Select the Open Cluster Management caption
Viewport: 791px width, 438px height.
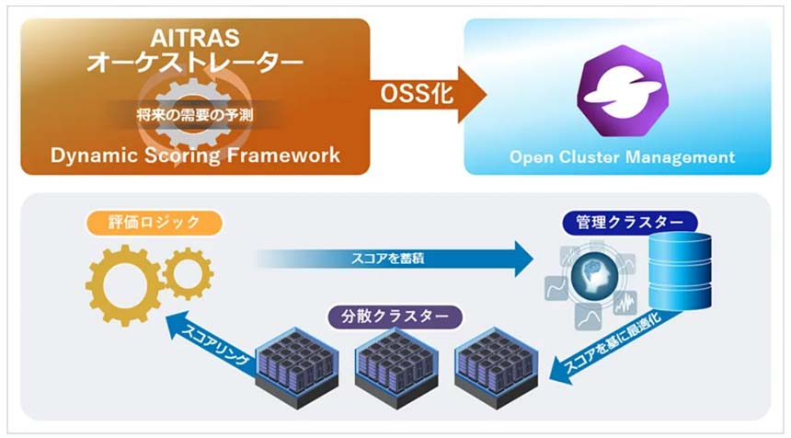(623, 157)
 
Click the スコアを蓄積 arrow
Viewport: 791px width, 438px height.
(395, 259)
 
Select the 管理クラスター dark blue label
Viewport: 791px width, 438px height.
(630, 223)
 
